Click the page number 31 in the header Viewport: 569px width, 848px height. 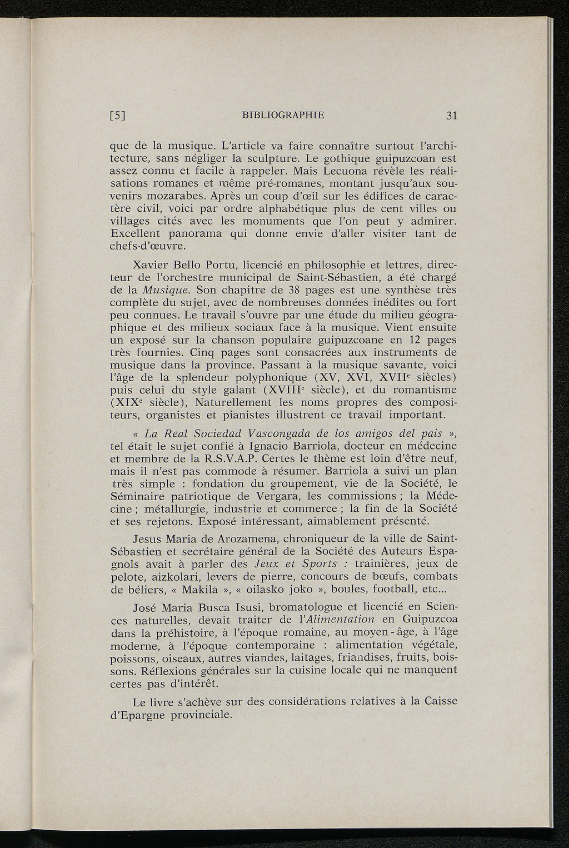pyautogui.click(x=451, y=116)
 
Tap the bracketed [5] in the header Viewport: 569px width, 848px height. pyautogui.click(x=117, y=116)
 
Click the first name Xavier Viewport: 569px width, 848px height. pyautogui.click(x=153, y=264)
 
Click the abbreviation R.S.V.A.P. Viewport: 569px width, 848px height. pyautogui.click(x=227, y=458)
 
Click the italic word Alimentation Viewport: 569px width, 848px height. pyautogui.click(x=337, y=620)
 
